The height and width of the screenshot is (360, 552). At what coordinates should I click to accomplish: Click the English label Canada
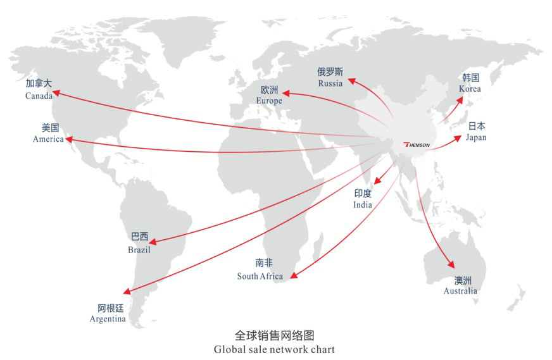(x=39, y=96)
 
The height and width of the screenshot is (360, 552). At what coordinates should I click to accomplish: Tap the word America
(x=48, y=139)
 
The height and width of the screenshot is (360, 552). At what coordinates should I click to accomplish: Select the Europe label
(x=269, y=101)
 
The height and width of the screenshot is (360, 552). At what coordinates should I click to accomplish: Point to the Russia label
(x=330, y=84)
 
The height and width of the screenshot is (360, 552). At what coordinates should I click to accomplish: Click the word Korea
(x=470, y=89)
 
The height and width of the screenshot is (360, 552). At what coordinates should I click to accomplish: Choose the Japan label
(x=476, y=137)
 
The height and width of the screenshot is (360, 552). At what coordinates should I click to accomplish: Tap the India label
(x=363, y=205)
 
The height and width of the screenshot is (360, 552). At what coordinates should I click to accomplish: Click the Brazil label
(x=139, y=250)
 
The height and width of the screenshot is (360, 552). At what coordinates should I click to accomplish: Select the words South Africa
(x=260, y=276)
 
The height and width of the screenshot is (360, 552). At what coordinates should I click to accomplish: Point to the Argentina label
(x=108, y=319)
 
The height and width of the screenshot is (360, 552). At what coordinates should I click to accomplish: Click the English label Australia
(x=460, y=291)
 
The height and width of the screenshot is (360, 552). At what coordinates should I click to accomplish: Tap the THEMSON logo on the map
(x=417, y=145)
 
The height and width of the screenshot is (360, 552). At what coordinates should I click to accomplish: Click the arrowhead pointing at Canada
(x=56, y=93)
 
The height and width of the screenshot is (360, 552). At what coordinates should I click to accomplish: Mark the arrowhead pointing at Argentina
(x=127, y=291)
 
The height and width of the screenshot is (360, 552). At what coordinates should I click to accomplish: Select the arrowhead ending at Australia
(x=451, y=264)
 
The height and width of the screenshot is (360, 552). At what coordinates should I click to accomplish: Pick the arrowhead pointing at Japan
(x=457, y=139)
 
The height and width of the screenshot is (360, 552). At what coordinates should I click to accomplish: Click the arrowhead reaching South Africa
(x=294, y=275)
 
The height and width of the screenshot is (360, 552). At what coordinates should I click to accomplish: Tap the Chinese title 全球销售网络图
(x=274, y=335)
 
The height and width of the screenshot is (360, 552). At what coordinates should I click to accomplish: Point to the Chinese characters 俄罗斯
(x=330, y=72)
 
